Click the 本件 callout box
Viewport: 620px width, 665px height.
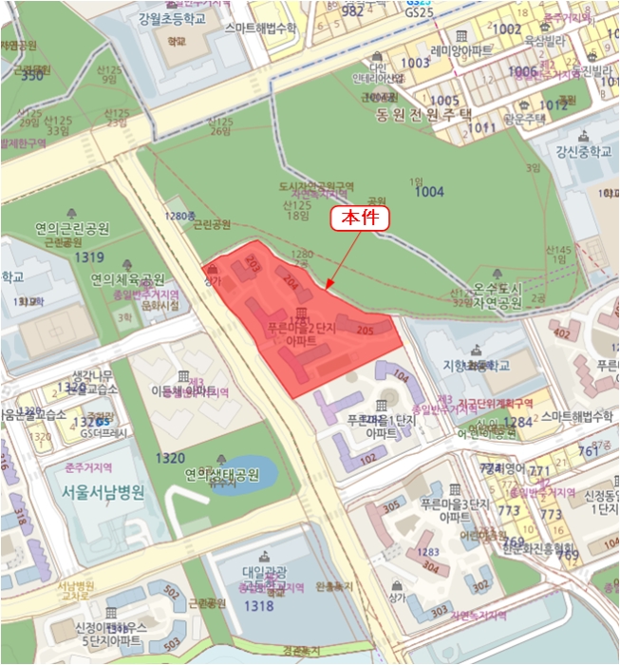(360, 218)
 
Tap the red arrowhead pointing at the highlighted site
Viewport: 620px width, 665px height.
(328, 286)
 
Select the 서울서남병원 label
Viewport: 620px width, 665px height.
(103, 493)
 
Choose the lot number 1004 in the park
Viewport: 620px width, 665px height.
(429, 192)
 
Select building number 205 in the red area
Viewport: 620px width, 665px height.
(365, 330)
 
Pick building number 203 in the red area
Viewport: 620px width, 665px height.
(253, 260)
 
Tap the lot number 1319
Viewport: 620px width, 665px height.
(89, 256)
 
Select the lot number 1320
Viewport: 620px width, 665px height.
(170, 458)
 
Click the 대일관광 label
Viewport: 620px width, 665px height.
(264, 572)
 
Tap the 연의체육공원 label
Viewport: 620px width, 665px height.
(127, 279)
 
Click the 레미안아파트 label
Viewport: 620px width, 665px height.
(461, 49)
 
